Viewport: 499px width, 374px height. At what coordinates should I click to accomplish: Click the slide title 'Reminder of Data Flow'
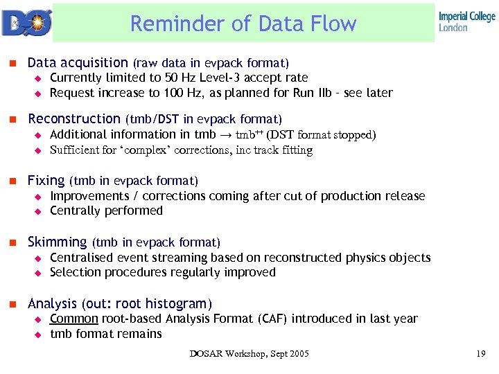(x=243, y=24)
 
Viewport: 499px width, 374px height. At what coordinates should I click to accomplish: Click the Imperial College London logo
(x=466, y=21)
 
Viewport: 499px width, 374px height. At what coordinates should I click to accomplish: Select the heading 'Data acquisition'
(x=78, y=62)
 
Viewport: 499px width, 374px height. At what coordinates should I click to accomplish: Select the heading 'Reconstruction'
(x=74, y=119)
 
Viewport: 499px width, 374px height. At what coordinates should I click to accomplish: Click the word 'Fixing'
(x=46, y=181)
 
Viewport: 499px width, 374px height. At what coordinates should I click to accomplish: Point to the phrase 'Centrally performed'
(x=106, y=211)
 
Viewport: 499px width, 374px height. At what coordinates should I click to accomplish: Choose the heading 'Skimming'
(x=57, y=242)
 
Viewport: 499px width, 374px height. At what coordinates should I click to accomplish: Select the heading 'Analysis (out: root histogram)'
(x=120, y=303)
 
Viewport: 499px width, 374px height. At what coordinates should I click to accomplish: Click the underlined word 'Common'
(x=74, y=319)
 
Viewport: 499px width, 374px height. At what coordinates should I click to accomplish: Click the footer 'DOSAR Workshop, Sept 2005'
(x=249, y=355)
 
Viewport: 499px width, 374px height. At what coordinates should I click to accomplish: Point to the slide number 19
(x=480, y=355)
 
